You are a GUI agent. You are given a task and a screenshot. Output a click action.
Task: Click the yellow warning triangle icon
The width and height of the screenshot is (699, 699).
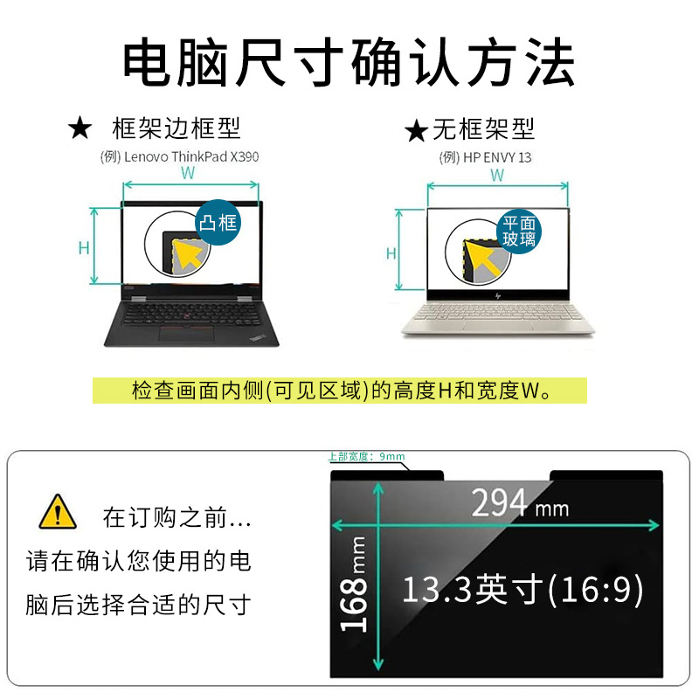tap(58, 512)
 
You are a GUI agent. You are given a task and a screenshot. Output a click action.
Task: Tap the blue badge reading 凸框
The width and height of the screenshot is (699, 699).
tap(218, 222)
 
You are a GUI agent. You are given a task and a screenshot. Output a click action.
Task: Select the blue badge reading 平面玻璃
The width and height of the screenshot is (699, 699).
tap(519, 232)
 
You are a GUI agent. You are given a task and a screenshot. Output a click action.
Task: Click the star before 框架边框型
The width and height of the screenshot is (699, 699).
tap(80, 128)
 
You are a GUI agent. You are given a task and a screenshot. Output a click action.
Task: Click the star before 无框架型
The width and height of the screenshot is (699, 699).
tap(417, 130)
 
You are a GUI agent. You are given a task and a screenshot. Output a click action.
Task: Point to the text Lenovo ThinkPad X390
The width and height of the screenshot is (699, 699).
tap(191, 156)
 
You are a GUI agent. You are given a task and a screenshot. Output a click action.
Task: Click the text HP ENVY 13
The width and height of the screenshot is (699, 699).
tap(497, 157)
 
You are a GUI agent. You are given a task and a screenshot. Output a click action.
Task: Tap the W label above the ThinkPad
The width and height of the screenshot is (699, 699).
tap(188, 173)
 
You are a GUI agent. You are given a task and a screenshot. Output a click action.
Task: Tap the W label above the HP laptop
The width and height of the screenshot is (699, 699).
tap(497, 176)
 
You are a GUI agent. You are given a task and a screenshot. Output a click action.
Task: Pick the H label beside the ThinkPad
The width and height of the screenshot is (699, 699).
tap(84, 248)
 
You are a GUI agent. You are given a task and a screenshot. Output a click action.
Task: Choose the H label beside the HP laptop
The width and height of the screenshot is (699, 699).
tap(391, 253)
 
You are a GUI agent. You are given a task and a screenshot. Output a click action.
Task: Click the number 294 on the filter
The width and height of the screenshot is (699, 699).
tap(499, 502)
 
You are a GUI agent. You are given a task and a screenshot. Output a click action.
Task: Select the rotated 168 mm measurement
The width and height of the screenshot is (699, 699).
tap(354, 584)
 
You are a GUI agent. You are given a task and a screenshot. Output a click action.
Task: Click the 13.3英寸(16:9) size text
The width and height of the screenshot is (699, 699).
tap(523, 589)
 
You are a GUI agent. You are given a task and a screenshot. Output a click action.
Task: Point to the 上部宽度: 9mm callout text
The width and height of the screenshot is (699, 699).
tap(366, 456)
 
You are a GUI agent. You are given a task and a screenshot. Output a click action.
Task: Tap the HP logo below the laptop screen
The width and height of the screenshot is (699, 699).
tap(498, 295)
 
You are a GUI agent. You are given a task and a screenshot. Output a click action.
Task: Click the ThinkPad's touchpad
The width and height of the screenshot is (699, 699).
tap(186, 335)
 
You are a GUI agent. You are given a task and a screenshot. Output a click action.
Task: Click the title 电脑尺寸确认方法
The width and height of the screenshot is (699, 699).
tap(349, 62)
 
